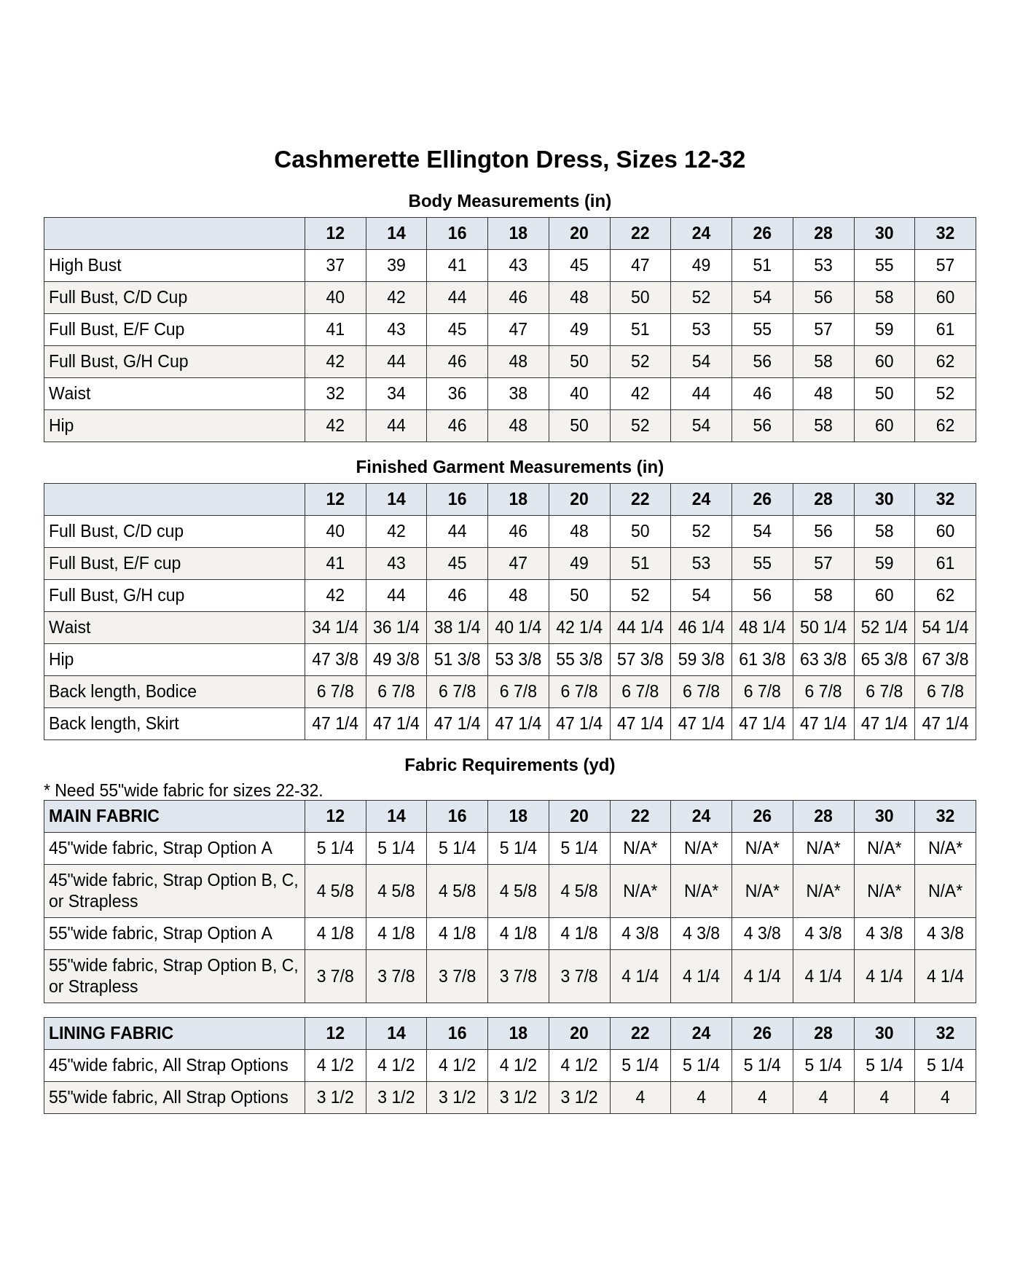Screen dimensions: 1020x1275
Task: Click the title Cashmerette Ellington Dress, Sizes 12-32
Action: pos(509,160)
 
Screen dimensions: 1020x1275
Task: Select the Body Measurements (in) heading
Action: pos(509,201)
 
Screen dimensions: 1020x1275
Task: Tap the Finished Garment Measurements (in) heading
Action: pos(509,467)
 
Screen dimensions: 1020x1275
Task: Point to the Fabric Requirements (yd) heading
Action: pos(509,765)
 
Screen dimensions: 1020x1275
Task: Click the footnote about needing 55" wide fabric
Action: pos(183,790)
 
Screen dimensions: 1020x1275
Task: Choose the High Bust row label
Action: pos(85,265)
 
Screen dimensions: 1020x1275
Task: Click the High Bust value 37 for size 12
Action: pos(335,265)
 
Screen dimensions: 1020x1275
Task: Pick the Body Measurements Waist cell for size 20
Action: pos(579,393)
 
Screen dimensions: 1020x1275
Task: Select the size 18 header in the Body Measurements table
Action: pos(518,233)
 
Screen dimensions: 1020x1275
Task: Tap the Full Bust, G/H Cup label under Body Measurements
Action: pos(118,361)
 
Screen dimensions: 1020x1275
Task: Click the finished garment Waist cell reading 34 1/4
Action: pos(335,627)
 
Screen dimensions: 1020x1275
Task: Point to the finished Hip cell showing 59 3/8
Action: pos(701,659)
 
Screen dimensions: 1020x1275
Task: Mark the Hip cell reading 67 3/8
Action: pos(945,659)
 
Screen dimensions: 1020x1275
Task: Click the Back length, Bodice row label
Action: pos(122,691)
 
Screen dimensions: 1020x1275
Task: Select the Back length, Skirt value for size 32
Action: pos(945,723)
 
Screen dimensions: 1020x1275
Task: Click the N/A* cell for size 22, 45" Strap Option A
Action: pos(640,848)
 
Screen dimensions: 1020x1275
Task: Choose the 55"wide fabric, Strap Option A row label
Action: pos(160,933)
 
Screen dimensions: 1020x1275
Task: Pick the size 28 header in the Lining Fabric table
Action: pos(823,1033)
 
